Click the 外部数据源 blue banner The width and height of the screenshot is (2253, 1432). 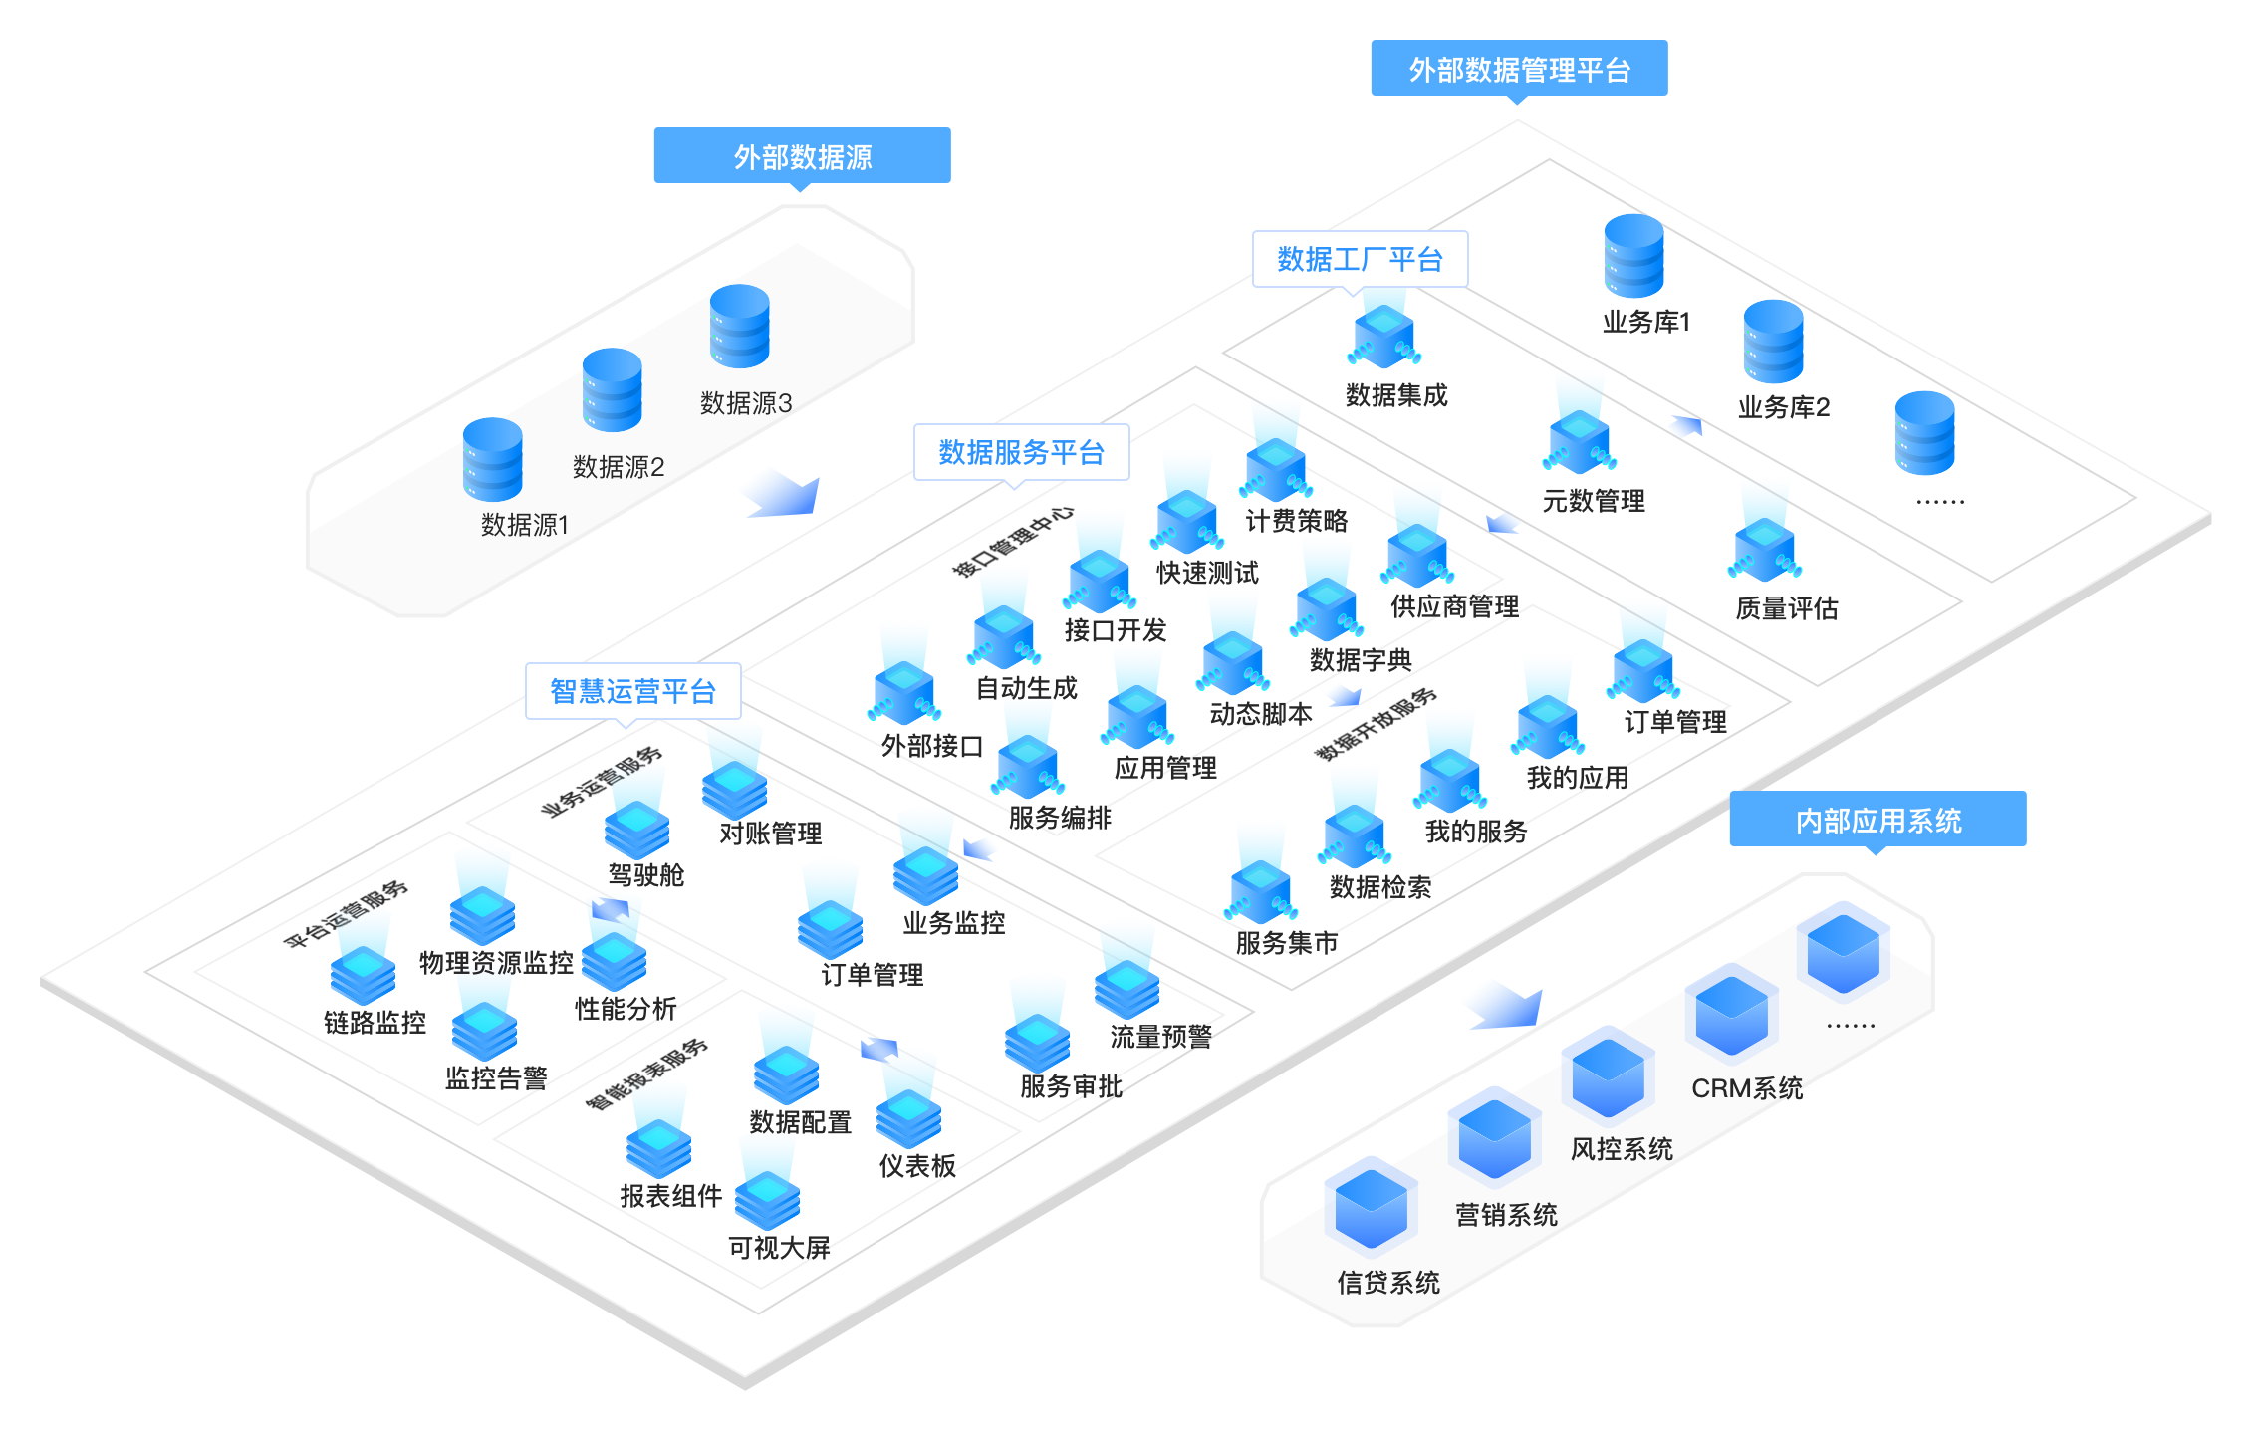click(x=802, y=156)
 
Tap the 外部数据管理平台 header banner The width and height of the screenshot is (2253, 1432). click(x=1519, y=69)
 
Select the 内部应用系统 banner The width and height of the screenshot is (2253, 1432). click(x=1877, y=820)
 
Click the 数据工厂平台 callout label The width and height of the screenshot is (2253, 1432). click(x=1360, y=260)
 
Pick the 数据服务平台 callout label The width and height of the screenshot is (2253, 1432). click(x=1021, y=453)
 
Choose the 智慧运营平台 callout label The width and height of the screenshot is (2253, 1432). click(x=632, y=691)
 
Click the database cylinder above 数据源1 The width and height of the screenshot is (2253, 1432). click(x=493, y=459)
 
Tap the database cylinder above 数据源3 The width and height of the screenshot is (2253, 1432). click(x=740, y=327)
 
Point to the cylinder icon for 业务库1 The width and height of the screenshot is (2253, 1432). click(x=1634, y=256)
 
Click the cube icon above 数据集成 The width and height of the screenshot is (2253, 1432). click(x=1384, y=338)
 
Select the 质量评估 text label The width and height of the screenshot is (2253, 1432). click(x=1787, y=608)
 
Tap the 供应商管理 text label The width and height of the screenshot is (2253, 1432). click(x=1455, y=606)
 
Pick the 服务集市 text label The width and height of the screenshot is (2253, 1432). click(x=1287, y=943)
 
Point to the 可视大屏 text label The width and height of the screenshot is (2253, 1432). click(x=779, y=1248)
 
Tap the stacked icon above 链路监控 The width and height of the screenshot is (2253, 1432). click(x=364, y=974)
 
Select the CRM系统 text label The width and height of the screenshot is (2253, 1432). click(x=1747, y=1088)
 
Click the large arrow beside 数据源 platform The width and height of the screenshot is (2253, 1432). click(x=780, y=492)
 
